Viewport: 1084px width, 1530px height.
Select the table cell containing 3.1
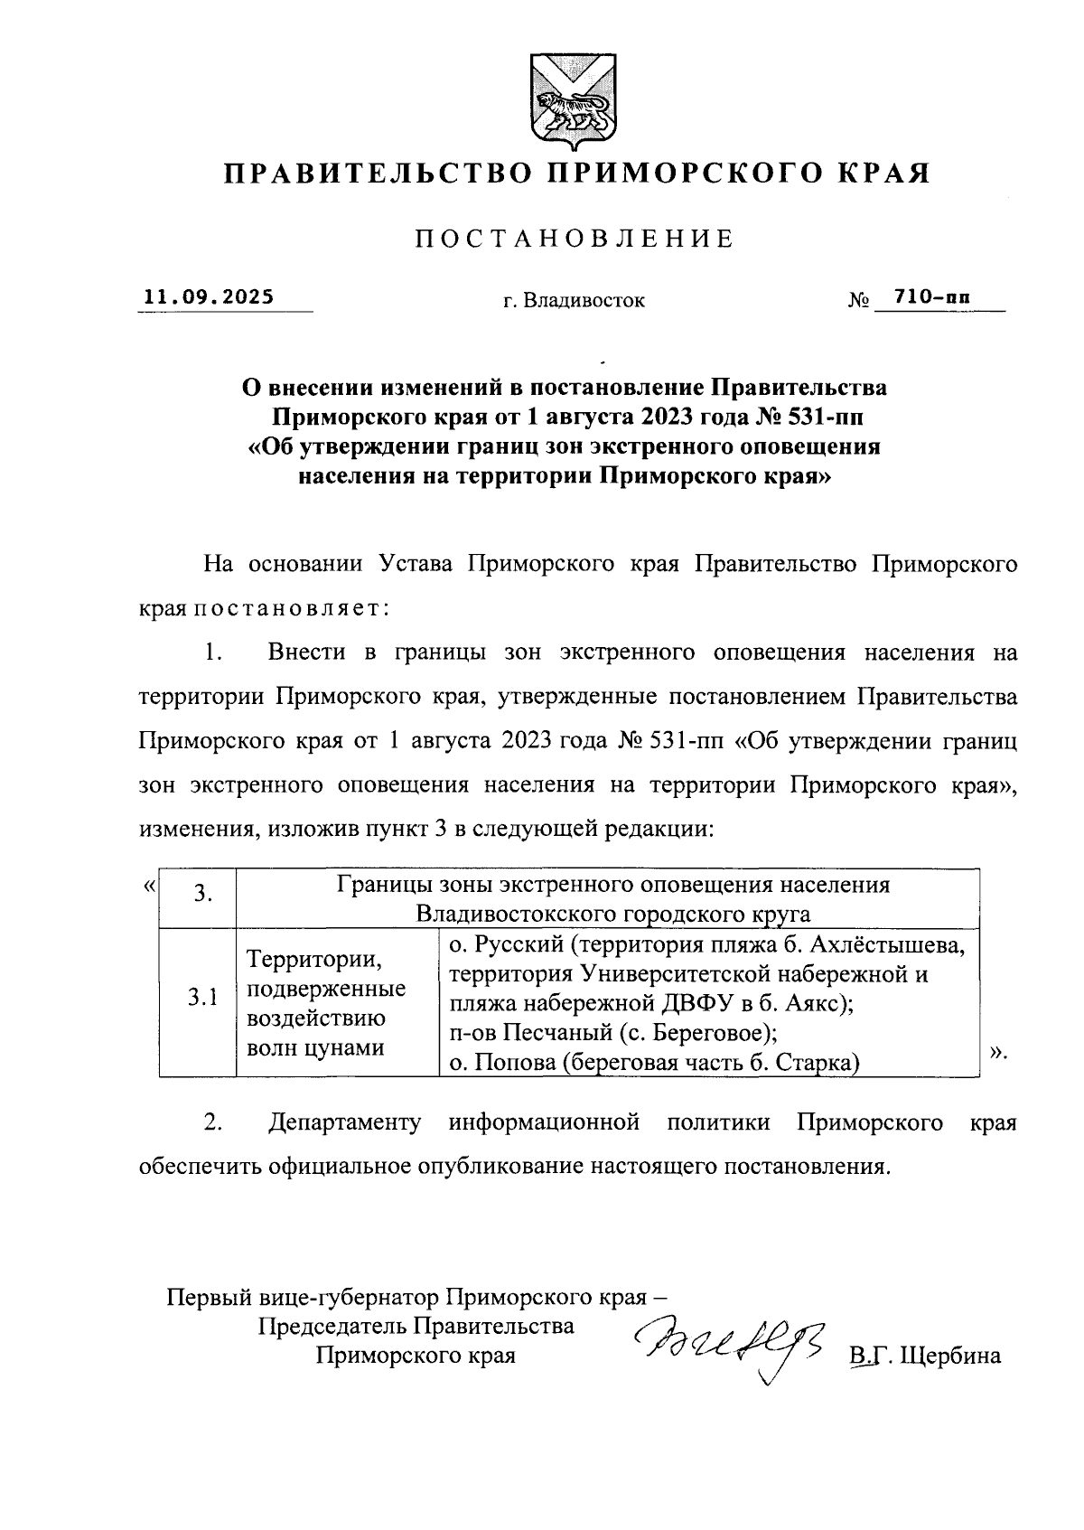[x=198, y=998]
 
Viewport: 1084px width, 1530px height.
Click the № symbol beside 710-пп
[x=859, y=299]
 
